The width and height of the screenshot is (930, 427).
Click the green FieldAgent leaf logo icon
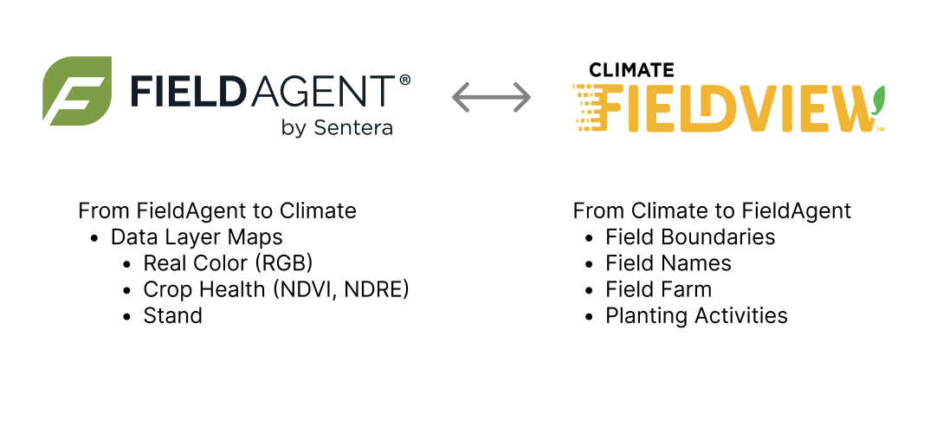click(77, 90)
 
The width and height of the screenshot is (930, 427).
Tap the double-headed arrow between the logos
click(491, 97)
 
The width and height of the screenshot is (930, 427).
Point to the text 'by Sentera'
click(337, 128)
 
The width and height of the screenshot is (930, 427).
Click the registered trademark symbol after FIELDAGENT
click(404, 80)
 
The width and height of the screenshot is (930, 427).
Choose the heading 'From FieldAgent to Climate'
click(216, 210)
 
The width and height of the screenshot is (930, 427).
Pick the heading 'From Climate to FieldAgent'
click(712, 210)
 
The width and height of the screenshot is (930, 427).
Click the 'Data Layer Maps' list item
click(197, 236)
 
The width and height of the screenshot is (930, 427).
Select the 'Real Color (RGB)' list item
click(228, 262)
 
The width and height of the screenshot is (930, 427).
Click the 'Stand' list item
click(173, 315)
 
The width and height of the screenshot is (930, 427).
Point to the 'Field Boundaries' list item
click(690, 236)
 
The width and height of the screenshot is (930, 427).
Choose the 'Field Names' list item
click(668, 262)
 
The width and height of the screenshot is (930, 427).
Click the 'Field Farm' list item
click(658, 289)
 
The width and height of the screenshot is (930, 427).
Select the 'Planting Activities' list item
click(696, 315)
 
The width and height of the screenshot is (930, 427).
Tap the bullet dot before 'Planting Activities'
click(590, 316)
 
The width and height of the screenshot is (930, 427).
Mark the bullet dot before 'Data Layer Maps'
click(95, 237)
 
